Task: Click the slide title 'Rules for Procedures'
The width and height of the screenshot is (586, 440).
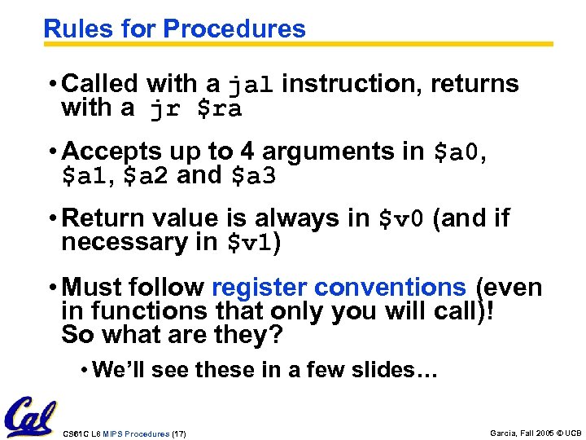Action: [x=174, y=29]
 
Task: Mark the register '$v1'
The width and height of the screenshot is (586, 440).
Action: [x=250, y=243]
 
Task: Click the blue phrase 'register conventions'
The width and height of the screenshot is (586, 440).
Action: [x=339, y=288]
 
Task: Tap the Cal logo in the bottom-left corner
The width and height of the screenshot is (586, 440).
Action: [x=32, y=417]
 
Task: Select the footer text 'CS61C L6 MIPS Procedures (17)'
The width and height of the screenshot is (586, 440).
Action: [x=124, y=433]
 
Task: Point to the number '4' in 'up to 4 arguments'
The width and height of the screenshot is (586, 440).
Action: [x=246, y=152]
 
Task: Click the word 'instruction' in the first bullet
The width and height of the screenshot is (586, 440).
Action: [x=352, y=83]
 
